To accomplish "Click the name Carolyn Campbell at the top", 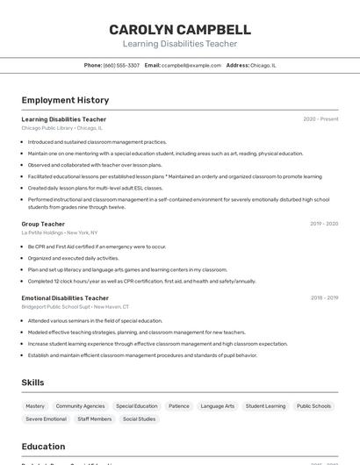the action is (180, 30).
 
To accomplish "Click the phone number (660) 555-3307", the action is (121, 65).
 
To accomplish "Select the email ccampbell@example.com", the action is (191, 65).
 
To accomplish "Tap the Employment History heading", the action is (65, 100).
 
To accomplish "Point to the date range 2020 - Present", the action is (320, 119).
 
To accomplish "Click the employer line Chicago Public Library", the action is (61, 128).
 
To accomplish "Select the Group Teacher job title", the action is (43, 224).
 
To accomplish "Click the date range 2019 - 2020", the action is (324, 224).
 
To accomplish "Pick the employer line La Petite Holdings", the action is (60, 232).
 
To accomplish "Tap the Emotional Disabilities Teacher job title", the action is (65, 298).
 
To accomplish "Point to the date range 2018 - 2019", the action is (324, 298).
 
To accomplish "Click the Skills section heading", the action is (32, 383).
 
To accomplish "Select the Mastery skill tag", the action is (35, 406).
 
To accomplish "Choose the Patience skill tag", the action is (179, 406).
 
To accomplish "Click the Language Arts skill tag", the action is (218, 406).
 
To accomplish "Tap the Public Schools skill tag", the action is (313, 406).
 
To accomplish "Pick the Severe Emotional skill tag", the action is (46, 419).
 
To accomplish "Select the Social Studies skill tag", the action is (139, 419).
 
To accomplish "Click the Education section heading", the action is (43, 447).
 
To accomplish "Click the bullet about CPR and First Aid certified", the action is (97, 247).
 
